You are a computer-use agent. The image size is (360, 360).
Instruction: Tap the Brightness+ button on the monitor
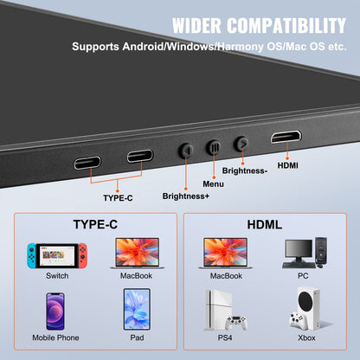click(x=185, y=151)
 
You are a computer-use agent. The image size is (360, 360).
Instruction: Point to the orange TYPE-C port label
click(x=119, y=198)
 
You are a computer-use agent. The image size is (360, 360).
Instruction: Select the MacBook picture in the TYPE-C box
click(x=137, y=253)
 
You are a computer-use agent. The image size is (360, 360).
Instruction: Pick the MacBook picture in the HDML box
click(x=226, y=253)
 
